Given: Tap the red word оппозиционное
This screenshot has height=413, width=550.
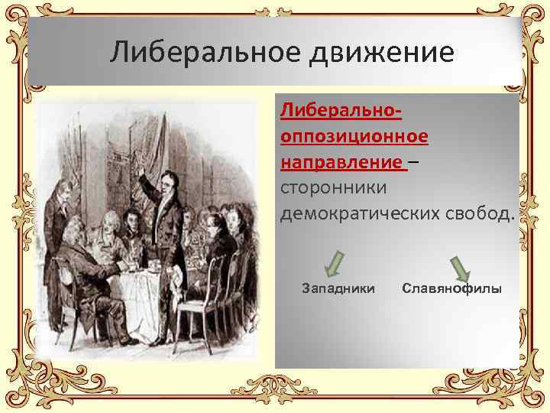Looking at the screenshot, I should point(354,137).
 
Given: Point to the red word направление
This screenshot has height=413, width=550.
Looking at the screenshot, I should point(342,162).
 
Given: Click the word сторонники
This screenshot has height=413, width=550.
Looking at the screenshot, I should point(334,187).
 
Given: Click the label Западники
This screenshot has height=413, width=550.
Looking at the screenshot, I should point(338,289).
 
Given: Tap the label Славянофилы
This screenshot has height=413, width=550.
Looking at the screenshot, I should point(451,289).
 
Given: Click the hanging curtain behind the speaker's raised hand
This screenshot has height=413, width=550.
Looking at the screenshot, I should point(115,153).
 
